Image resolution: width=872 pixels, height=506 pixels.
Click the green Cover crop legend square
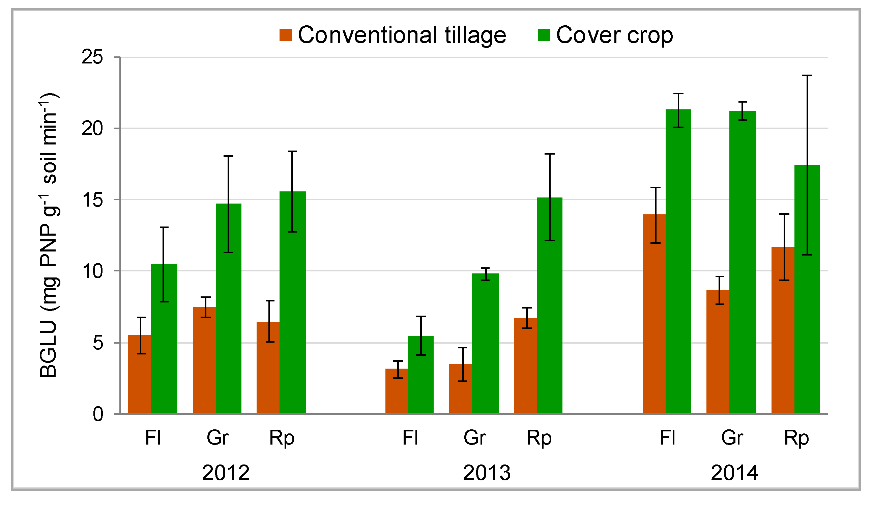coord(544,35)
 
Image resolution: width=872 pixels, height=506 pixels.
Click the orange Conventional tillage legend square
coord(286,35)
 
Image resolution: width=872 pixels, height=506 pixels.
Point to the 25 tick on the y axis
coord(92,57)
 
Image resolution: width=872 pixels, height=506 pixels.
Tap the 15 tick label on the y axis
coord(92,200)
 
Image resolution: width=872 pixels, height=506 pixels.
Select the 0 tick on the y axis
coord(98,414)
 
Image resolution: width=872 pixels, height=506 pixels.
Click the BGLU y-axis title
coord(49,236)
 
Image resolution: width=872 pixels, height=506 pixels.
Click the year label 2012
coord(226,473)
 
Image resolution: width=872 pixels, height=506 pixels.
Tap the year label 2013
coord(487,473)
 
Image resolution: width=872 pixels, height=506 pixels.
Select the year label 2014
coord(734,473)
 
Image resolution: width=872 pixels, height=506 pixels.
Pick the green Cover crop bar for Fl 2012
coord(164,339)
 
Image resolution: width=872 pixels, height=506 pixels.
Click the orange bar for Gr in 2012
coord(204,360)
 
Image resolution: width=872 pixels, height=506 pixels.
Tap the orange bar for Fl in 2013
coord(397,391)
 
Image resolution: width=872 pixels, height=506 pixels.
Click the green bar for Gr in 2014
coord(743,263)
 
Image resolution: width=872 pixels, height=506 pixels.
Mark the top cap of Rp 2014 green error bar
coord(807,76)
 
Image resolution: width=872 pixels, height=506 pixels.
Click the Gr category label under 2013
coord(475,438)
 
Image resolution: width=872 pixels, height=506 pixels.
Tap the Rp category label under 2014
coord(796,438)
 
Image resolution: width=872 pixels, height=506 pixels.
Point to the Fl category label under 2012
coord(153,438)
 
